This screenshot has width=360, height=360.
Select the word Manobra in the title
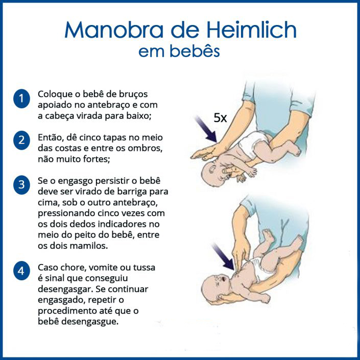click(x=114, y=30)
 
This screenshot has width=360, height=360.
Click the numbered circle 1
click(x=21, y=99)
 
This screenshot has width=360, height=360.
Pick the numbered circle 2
click(x=21, y=140)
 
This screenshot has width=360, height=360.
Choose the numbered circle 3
click(x=21, y=185)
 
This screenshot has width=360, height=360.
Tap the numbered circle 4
click(x=21, y=271)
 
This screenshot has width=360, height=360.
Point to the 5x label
click(x=220, y=118)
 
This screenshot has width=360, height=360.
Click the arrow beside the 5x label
click(x=205, y=129)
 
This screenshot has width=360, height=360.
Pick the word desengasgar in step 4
click(x=65, y=290)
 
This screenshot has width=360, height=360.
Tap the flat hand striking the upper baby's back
click(x=205, y=152)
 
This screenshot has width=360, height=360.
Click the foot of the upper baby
click(x=294, y=150)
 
